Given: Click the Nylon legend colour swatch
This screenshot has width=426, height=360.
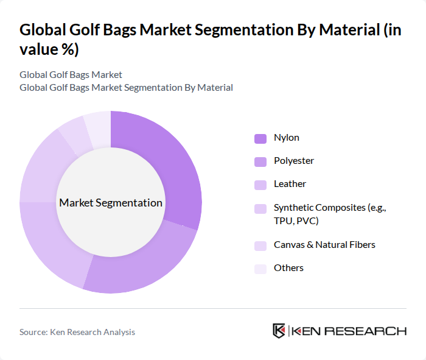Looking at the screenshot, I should click(260, 138).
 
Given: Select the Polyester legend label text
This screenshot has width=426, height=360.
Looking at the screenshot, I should click(294, 161).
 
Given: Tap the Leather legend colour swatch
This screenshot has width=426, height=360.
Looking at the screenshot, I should click(260, 185).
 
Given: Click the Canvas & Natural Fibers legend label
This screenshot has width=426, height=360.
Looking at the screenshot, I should click(324, 245).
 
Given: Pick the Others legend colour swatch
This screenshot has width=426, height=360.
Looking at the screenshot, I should click(260, 269).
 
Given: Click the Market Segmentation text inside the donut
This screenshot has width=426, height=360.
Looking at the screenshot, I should click(111, 203).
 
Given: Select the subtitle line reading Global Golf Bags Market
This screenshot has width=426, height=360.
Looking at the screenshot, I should click(71, 75).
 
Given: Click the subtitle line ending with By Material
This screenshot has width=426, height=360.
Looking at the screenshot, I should click(126, 88).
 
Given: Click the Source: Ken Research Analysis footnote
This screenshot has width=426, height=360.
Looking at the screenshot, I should click(77, 332).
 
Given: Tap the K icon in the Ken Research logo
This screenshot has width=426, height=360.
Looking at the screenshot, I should click(279, 331).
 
